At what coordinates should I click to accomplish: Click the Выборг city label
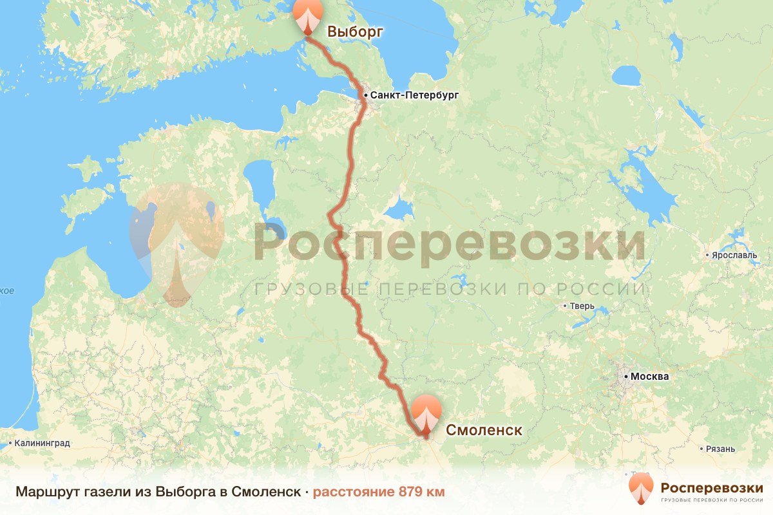[x=355, y=31]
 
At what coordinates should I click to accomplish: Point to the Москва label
[x=650, y=377]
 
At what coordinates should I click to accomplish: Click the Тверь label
[x=582, y=306]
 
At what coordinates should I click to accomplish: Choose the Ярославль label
[x=734, y=255]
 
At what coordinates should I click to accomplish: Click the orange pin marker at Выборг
[x=307, y=15]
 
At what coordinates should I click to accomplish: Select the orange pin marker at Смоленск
[x=426, y=412]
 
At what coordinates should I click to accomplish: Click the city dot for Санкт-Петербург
[x=365, y=95]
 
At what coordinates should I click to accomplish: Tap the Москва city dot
[x=625, y=376]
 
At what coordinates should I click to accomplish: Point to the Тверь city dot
[x=565, y=306]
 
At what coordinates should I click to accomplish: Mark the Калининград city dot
[x=10, y=444]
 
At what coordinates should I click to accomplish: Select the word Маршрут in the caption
[x=44, y=492]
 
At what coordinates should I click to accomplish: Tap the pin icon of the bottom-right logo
[x=641, y=489]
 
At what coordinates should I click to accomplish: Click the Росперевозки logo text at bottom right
[x=712, y=487]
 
